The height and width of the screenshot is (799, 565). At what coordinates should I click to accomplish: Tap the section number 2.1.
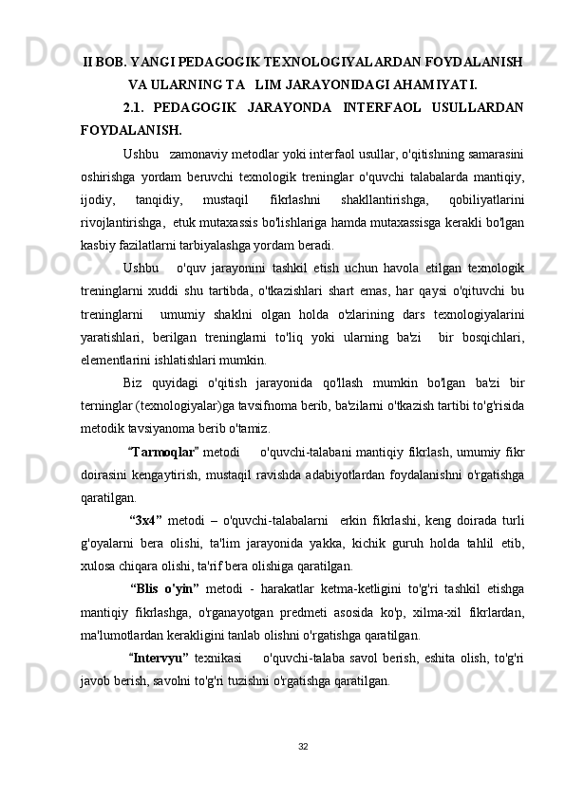click(x=136, y=107)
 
